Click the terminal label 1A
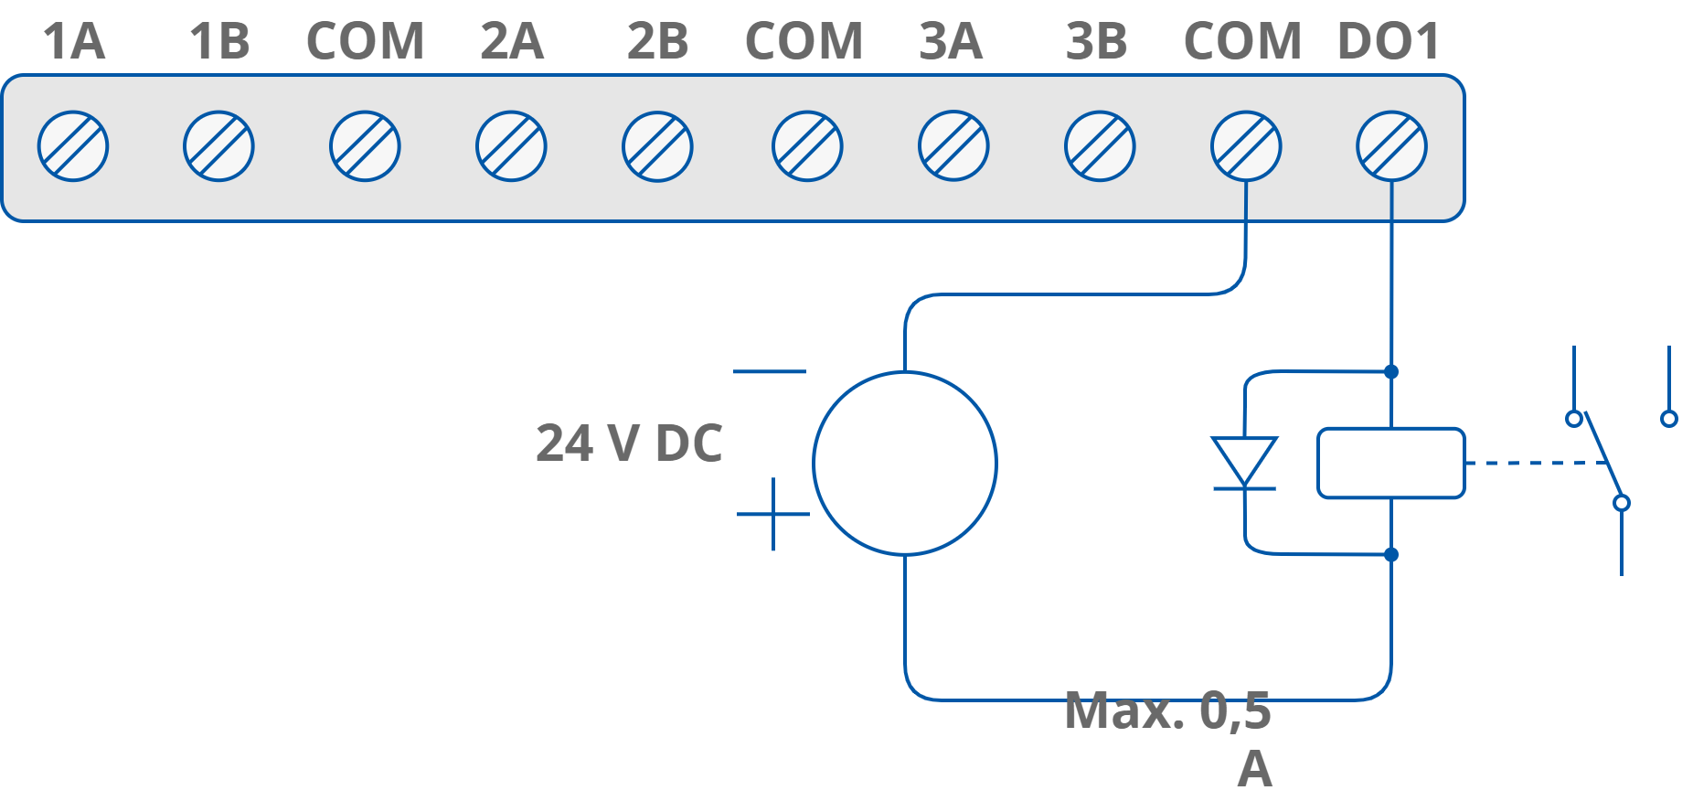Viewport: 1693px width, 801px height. tap(74, 42)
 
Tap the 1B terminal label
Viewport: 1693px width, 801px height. tap(219, 42)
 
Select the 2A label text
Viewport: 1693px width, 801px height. tap(512, 42)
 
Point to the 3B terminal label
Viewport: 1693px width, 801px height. tap(1097, 42)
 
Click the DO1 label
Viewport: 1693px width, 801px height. tap(1389, 42)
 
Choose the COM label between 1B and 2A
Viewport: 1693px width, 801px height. tap(365, 42)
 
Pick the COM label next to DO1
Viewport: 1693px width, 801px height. tap(1242, 42)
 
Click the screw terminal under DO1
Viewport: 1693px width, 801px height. tap(1391, 146)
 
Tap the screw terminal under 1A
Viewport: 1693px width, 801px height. tap(73, 146)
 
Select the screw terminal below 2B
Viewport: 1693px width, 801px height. tap(657, 146)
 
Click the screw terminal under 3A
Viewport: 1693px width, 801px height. tap(953, 146)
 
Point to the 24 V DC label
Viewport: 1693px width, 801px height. tap(629, 443)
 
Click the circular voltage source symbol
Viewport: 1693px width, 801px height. tap(904, 463)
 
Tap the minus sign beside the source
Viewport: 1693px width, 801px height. tap(770, 372)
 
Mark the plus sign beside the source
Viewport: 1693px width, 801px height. tap(773, 514)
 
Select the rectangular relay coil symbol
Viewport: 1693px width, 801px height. tap(1390, 463)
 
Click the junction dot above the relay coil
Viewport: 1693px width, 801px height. tap(1391, 371)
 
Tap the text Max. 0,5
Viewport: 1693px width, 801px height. tap(1168, 710)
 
